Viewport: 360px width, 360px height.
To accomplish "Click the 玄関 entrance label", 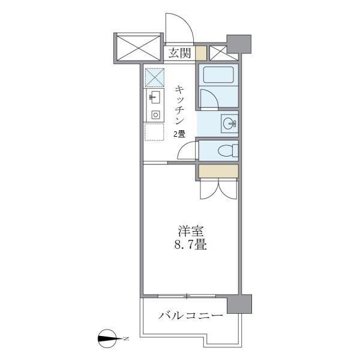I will pos(179,53).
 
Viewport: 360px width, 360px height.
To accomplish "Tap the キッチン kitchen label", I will pos(179,105).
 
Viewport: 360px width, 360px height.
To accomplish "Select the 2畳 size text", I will pos(179,134).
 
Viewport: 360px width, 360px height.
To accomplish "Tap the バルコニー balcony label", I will pos(191,316).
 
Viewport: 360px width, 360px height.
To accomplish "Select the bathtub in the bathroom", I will pos(218,76).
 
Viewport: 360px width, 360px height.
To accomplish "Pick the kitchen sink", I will pos(153,98).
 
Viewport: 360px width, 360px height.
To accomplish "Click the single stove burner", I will pos(154,114).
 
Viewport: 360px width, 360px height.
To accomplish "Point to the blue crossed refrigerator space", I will pos(154,77).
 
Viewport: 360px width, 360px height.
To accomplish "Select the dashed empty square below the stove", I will pos(154,131).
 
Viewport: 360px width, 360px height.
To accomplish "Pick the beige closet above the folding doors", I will pos(218,171).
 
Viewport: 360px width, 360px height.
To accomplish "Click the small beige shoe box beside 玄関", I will pos(200,53).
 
